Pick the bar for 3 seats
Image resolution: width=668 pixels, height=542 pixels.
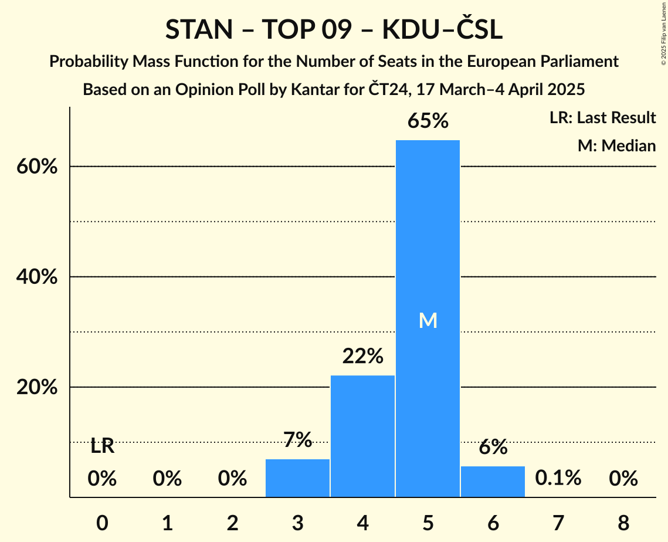coord(297,478)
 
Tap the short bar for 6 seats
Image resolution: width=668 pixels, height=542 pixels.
coord(493,482)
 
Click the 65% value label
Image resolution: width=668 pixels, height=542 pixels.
coord(428,121)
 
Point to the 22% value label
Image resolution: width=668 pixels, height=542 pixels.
coord(363,356)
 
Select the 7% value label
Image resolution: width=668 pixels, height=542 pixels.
coord(297,440)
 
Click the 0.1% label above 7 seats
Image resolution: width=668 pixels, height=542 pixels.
coord(558,478)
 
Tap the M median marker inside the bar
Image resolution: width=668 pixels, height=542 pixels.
coord(428,320)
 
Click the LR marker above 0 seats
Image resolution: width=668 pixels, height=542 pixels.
coord(102,447)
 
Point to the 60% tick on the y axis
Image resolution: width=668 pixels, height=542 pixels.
coord(36,167)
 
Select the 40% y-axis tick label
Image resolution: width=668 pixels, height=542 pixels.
coord(36,277)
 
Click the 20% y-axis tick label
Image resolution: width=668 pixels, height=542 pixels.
coord(36,388)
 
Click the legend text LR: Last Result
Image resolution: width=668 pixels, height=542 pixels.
coord(602,118)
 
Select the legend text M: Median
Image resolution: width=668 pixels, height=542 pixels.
coord(616,145)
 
